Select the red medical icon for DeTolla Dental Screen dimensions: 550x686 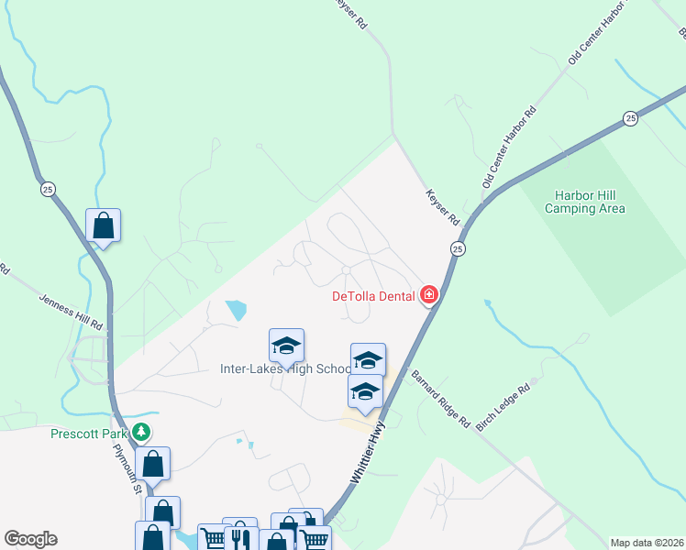point(428,295)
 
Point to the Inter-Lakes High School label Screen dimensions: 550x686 point(285,369)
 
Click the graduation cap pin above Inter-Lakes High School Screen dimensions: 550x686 point(286,346)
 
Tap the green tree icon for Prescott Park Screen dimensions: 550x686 point(140,431)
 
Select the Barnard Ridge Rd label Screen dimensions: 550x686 point(440,401)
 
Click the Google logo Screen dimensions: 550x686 point(30,539)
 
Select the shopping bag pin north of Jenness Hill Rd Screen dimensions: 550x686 point(104,225)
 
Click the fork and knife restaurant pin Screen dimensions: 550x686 point(240,537)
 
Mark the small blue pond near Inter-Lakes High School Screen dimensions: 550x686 point(236,310)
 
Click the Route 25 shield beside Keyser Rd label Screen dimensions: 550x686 point(457,248)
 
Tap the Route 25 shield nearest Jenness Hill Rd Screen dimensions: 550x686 point(47,188)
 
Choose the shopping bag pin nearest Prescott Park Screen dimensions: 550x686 point(153,464)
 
